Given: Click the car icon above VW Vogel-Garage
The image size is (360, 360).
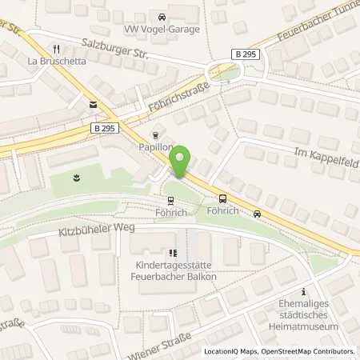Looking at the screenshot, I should click(162, 16).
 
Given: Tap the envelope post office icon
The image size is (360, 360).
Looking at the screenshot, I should click(93, 104).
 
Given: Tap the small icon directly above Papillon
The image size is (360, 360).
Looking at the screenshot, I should click(155, 135).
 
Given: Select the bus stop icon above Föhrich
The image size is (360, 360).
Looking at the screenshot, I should click(222, 199).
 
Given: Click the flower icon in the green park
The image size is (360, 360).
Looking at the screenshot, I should click(76, 178).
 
